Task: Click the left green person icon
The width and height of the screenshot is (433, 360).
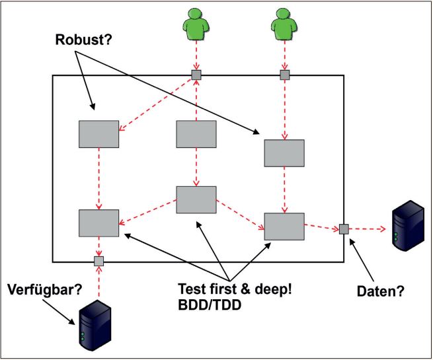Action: (196, 23)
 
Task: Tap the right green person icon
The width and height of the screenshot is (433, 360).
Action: (284, 23)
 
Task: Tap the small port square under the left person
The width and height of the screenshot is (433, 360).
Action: (196, 75)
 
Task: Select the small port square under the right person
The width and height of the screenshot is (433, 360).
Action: (285, 75)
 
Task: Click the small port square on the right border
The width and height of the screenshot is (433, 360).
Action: (344, 229)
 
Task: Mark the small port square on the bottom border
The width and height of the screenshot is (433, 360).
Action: (98, 261)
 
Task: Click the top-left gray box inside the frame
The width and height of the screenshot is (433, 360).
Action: (98, 134)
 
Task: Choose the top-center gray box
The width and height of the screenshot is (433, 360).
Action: (196, 134)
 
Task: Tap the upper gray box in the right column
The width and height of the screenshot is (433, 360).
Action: (284, 153)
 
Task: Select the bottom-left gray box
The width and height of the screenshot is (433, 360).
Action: (98, 223)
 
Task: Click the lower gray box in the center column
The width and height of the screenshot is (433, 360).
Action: (196, 199)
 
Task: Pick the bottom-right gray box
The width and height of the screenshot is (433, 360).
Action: (284, 226)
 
